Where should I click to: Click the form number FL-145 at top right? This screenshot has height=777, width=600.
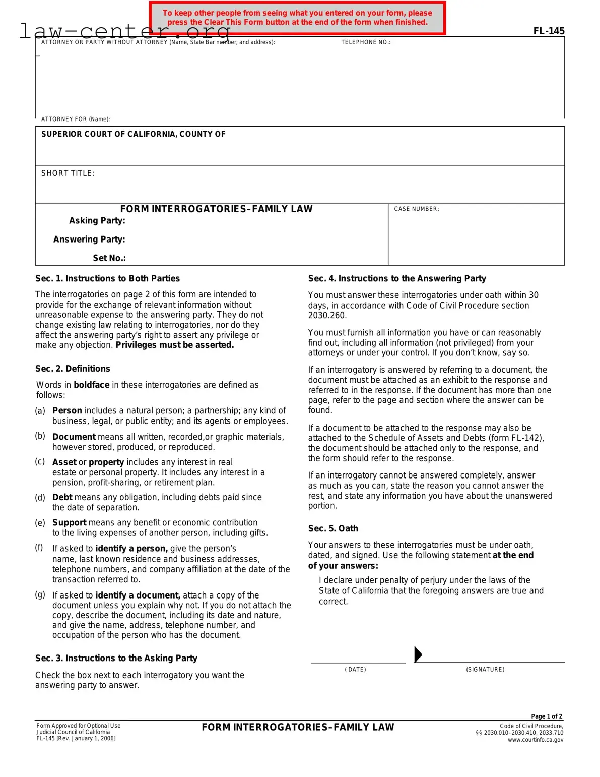click(x=549, y=31)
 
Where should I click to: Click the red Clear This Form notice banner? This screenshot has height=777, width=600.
click(x=297, y=18)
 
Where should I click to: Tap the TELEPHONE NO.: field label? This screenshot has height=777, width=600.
click(x=366, y=42)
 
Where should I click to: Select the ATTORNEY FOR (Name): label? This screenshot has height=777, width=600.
click(x=76, y=119)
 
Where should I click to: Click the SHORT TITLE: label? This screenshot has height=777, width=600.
click(x=68, y=173)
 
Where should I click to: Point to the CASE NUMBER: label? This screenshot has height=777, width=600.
click(x=416, y=209)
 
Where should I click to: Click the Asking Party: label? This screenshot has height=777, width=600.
click(x=97, y=221)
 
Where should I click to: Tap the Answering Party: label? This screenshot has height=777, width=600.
click(x=89, y=240)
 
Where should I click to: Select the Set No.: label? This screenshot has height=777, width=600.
click(x=109, y=258)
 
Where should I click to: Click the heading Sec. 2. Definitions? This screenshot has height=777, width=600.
click(x=73, y=369)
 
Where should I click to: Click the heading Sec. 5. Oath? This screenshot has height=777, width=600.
click(x=333, y=528)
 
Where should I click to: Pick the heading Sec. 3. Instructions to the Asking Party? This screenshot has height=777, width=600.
click(x=116, y=658)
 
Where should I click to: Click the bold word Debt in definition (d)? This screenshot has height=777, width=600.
click(x=62, y=497)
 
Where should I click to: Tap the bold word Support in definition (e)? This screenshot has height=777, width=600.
click(x=70, y=523)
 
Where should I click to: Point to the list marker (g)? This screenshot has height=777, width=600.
click(x=40, y=594)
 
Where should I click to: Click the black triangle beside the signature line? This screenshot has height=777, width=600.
click(x=418, y=654)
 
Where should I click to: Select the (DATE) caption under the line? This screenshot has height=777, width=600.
click(x=355, y=670)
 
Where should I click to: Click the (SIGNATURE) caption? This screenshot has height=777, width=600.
click(x=485, y=670)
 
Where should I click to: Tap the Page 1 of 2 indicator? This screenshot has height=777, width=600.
click(x=547, y=716)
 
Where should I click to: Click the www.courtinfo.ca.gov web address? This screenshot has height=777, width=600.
click(x=536, y=740)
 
